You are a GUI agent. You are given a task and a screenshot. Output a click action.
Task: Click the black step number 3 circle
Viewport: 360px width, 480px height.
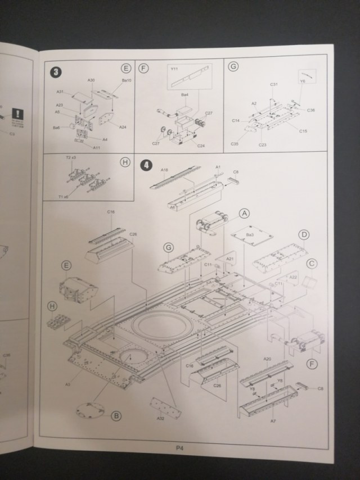(56, 71)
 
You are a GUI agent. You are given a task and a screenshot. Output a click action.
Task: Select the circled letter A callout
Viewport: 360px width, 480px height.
(244, 213)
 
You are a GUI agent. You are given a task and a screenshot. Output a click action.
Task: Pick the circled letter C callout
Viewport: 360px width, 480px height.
(312, 263)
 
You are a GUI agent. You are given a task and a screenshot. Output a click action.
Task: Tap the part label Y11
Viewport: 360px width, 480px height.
(173, 70)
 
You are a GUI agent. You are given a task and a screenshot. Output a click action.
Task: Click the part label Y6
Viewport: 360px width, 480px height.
(302, 81)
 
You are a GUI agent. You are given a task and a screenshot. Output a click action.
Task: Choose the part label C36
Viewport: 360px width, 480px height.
(310, 110)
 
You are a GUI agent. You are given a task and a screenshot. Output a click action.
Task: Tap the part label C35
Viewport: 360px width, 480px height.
(235, 144)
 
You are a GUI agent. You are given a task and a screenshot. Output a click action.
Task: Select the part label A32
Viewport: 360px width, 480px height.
(160, 419)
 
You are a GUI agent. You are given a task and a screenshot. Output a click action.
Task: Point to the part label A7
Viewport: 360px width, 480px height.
(273, 420)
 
